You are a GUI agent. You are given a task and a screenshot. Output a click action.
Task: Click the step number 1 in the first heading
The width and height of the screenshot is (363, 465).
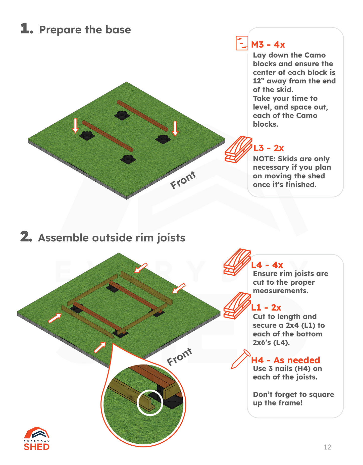[x=26, y=29]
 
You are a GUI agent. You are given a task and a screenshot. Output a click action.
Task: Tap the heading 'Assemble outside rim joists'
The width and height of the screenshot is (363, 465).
[x=111, y=238]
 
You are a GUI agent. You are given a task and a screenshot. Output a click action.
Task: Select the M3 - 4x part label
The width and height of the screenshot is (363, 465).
[x=268, y=45]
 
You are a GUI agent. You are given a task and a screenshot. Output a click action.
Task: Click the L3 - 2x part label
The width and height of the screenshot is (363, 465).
[x=269, y=148]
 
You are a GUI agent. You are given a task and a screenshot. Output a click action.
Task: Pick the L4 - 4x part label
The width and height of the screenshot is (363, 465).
[x=267, y=265]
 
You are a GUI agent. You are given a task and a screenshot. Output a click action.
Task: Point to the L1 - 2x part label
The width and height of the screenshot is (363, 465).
[x=266, y=307]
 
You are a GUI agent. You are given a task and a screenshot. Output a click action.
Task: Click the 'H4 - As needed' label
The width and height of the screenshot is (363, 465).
[x=285, y=360]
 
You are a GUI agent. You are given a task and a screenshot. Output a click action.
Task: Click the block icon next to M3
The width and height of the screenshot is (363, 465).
[x=242, y=43]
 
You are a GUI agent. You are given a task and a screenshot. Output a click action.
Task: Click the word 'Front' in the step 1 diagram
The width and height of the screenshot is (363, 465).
[x=183, y=180]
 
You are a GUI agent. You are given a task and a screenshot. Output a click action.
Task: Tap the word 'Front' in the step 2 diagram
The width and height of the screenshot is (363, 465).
[x=179, y=357]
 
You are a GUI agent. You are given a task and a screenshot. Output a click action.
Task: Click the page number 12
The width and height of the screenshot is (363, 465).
[x=327, y=447]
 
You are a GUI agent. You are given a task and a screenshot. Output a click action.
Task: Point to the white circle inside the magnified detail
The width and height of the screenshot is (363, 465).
[x=150, y=403]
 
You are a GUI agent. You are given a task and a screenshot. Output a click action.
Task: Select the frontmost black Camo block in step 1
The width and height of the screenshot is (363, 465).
[x=128, y=159]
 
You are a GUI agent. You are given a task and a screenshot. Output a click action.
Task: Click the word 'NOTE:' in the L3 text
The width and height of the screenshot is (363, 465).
[x=264, y=159]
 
